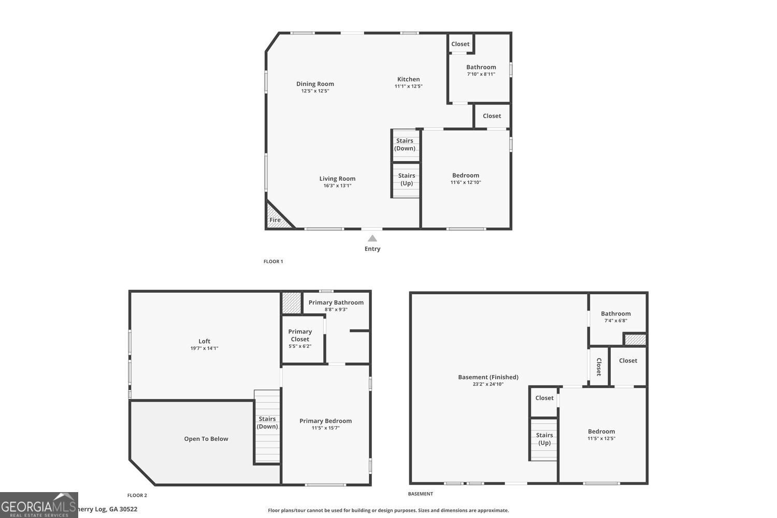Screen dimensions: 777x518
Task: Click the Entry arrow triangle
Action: pos(372,238)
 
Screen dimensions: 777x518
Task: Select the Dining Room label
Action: pos(315,83)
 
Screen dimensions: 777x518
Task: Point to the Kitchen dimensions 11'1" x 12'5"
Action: pos(408,87)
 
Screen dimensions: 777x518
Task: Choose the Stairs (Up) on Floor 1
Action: pos(406,180)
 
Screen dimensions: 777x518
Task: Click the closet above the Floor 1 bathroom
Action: pos(461,44)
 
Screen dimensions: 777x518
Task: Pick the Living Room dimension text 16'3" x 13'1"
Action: pos(337,185)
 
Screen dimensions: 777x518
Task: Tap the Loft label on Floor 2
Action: pos(204,341)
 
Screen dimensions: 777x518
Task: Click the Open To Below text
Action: pos(206,439)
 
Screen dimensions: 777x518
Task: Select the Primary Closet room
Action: pos(303,339)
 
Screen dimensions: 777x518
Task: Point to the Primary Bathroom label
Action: pos(336,302)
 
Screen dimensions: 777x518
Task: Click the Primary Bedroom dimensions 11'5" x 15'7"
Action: pos(325,428)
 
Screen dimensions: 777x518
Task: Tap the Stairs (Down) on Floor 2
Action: pos(267,426)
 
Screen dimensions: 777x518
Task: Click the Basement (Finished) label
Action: pos(488,377)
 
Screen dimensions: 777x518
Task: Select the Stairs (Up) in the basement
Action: pos(543,440)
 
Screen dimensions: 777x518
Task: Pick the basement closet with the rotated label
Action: pos(598,366)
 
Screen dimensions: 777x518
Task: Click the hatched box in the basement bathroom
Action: pos(635,339)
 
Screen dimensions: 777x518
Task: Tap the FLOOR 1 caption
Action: pos(273,261)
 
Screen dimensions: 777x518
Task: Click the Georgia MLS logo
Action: pos(39,505)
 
